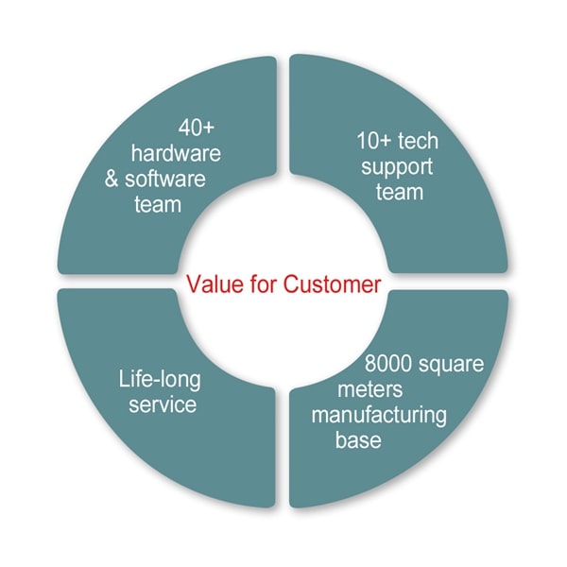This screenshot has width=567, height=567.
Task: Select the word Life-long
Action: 160,381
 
